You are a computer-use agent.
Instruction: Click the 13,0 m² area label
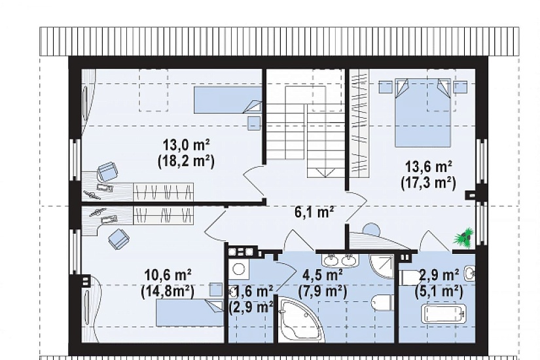pos(187,145)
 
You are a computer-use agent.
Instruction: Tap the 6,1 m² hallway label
pos(314,212)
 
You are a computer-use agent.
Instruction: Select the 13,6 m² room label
pos(429,167)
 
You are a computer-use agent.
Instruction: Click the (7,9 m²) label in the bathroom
pos(322,292)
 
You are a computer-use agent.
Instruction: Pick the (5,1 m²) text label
pos(439,292)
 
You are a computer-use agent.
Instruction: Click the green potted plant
pos(464,238)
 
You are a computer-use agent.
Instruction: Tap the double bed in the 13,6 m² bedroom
pos(423,113)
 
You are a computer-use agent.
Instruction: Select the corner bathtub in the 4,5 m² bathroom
pos(299,321)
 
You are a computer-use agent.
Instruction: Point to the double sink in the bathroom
pos(340,260)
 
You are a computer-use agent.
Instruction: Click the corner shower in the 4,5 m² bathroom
pos(382,266)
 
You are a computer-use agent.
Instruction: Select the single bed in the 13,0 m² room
pos(228,100)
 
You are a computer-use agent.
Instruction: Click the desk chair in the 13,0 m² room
pos(108,171)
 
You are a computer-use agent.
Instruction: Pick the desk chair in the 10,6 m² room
pos(118,238)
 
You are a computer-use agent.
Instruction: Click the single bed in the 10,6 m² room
pos(190,313)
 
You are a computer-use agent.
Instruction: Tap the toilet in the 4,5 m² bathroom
pos(382,302)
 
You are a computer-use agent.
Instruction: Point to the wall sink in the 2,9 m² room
pos(470,274)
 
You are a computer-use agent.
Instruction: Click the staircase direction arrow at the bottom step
pos(325,172)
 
